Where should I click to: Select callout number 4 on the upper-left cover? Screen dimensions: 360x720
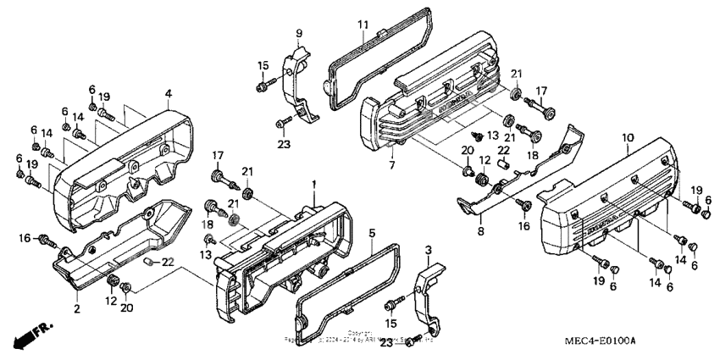point(169,92)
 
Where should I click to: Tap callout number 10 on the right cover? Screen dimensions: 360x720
point(627,137)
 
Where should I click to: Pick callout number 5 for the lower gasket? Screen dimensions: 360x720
point(371,232)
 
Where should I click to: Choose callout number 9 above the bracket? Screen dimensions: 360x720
point(298,33)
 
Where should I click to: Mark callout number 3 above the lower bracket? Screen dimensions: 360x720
point(428,251)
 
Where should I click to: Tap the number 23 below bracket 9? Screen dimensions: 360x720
point(283,144)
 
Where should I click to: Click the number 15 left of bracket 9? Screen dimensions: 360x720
point(263,65)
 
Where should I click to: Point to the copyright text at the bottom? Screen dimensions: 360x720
point(360,336)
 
